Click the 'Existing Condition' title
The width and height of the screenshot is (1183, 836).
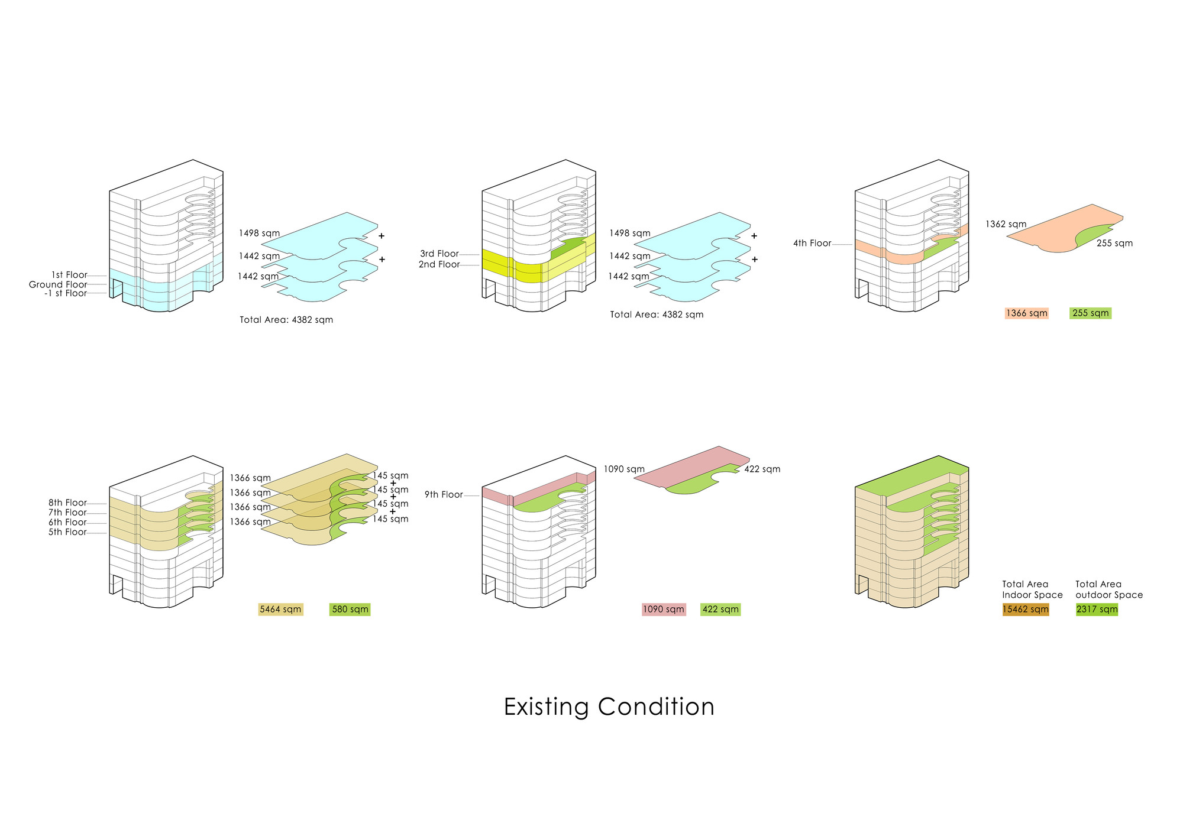point(609,707)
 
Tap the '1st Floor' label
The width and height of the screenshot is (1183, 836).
point(69,275)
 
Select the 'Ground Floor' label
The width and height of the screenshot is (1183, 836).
point(58,284)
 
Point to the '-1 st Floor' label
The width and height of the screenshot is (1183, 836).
point(65,293)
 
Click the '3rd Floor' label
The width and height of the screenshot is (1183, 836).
point(439,254)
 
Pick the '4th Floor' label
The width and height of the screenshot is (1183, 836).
point(812,243)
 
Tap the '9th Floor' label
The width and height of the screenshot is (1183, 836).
point(444,494)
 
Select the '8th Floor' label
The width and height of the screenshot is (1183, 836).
point(67,503)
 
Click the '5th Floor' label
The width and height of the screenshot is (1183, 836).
point(67,532)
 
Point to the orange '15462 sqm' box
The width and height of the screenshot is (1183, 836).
point(1026,610)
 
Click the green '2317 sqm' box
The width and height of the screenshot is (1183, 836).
point(1097,610)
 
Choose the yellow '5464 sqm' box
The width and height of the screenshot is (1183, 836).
point(280,610)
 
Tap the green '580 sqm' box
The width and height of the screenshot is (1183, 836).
point(350,610)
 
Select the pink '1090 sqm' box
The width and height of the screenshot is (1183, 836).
point(663,610)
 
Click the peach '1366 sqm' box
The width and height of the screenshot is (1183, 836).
point(1026,313)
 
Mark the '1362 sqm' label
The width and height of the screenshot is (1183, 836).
point(1006,224)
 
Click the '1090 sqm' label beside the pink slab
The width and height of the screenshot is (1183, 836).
point(624,469)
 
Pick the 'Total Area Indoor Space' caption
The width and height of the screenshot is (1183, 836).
point(1032,589)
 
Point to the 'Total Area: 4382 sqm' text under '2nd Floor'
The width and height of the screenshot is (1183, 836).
point(657,315)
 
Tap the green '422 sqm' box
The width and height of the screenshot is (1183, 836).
point(720,610)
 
